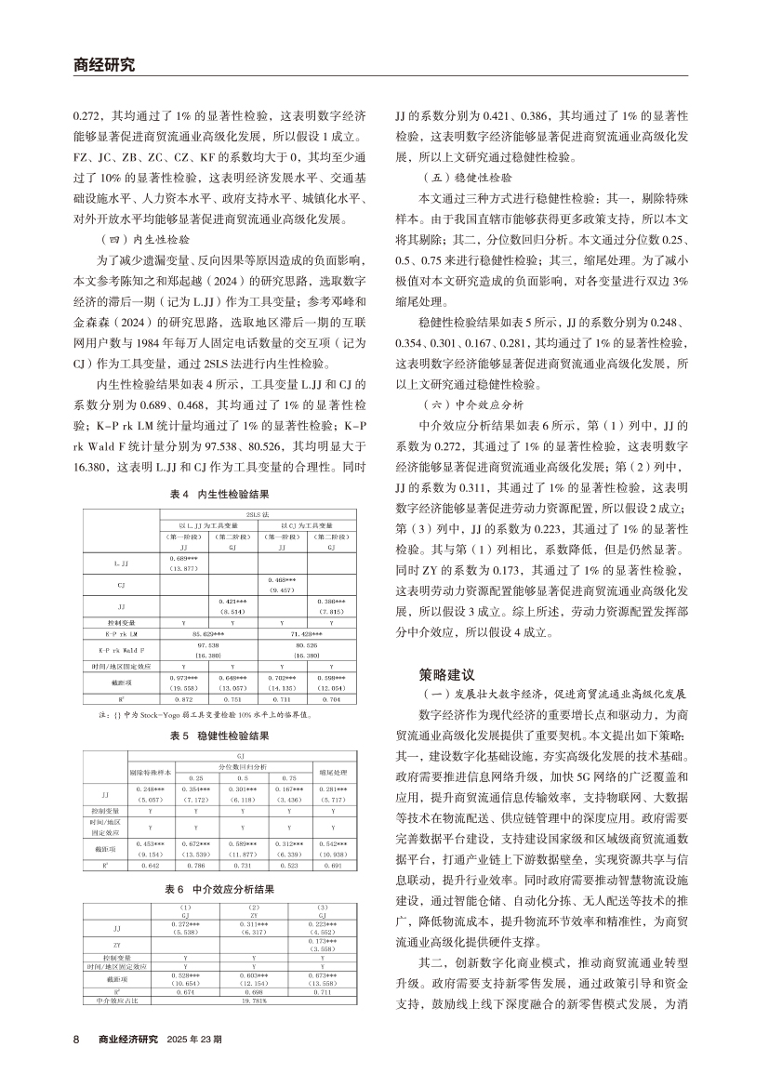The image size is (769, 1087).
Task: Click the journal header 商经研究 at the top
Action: tap(103, 65)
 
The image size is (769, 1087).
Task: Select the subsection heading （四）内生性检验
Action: tap(141, 237)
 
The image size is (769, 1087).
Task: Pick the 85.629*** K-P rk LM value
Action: tap(203, 632)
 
